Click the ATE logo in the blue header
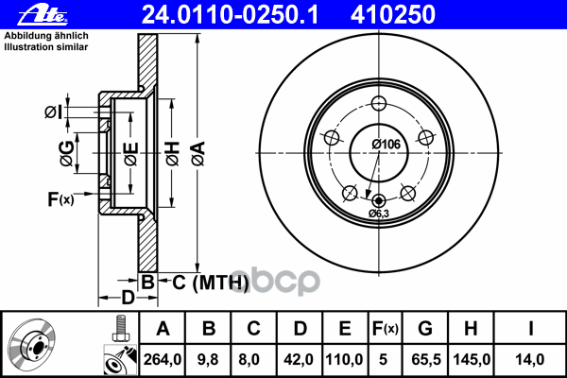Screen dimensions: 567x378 point(43,16)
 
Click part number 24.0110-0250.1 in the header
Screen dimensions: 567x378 point(230,15)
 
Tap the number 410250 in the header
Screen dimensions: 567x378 point(393,15)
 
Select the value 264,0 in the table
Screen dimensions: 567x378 point(163,359)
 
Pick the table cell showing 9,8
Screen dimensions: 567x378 point(208,359)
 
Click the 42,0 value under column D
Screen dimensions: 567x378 point(299,359)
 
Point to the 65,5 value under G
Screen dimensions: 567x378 point(426,359)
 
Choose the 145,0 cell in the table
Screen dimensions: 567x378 point(472,359)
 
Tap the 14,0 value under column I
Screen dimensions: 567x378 point(530,359)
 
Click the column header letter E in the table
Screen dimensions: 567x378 point(345,329)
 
